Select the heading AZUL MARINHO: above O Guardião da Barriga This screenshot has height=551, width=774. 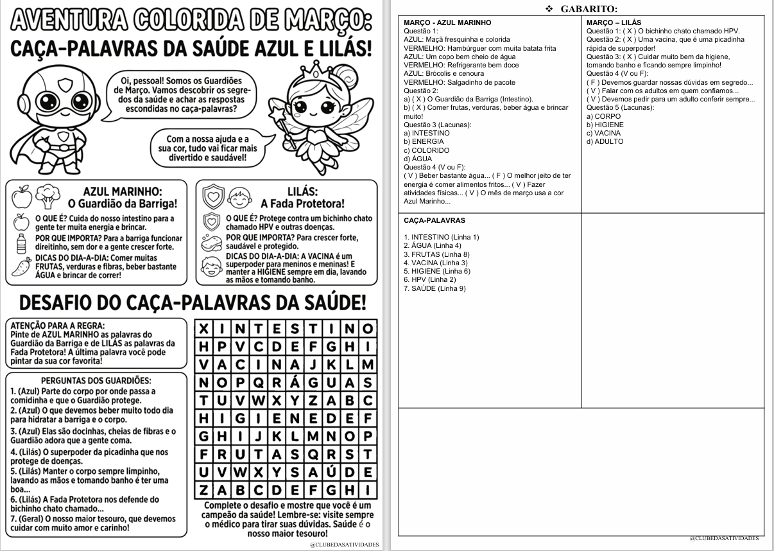[122, 191]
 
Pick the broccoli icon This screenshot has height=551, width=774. [47, 195]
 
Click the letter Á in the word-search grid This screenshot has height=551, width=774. [295, 383]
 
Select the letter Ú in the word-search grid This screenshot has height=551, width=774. [331, 473]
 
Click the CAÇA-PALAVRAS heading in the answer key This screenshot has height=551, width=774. [434, 220]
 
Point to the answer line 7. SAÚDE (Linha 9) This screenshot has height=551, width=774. [434, 288]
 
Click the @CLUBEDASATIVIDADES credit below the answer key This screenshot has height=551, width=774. [724, 538]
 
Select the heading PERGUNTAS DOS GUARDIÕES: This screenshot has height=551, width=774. [96, 381]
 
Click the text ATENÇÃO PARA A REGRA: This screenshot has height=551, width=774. [58, 325]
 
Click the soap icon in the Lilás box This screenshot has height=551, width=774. [211, 243]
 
